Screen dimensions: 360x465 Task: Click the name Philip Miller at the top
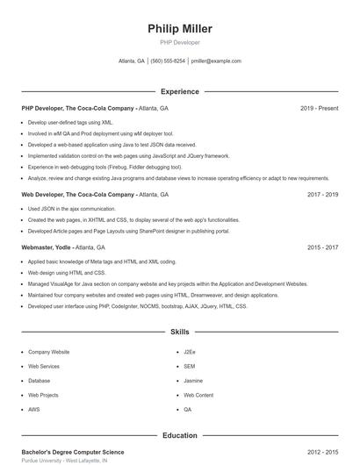[180, 29]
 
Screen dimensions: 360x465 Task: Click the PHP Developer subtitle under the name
[180, 42]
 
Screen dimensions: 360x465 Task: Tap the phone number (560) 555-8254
[168, 61]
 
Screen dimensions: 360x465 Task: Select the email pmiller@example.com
[216, 61]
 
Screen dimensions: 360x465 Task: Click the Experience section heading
[180, 91]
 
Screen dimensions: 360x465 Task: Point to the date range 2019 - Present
[319, 108]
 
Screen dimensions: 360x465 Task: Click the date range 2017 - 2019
[322, 194]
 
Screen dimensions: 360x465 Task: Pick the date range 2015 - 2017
[322, 247]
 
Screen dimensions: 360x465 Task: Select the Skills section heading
[180, 333]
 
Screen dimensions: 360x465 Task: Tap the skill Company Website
[48, 351]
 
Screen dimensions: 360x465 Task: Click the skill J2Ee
[190, 351]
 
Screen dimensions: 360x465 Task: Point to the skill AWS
[34, 409]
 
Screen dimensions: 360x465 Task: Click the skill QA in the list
[187, 409]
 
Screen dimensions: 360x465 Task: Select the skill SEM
[189, 366]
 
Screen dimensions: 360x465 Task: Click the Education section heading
[180, 435]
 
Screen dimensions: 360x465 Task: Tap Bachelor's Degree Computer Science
[73, 452]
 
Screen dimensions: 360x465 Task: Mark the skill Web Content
[198, 395]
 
